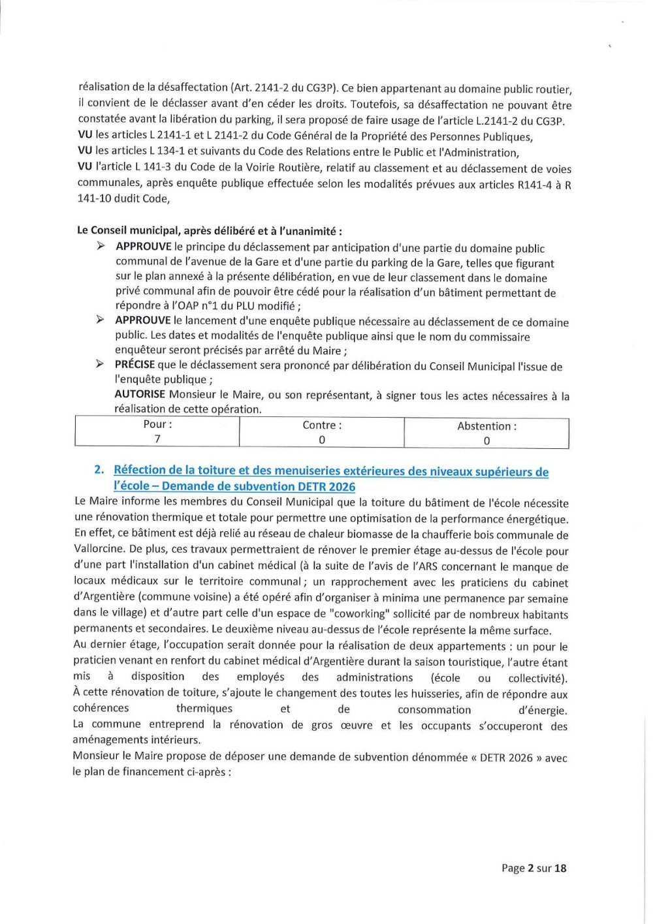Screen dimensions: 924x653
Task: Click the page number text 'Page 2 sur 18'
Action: click(534, 868)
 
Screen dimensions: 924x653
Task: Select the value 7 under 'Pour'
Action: click(157, 439)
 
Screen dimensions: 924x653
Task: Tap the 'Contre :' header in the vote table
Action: click(322, 425)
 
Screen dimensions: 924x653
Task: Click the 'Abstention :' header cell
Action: click(486, 426)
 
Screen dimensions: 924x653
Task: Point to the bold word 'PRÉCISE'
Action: click(135, 365)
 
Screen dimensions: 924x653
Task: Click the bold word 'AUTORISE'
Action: click(140, 394)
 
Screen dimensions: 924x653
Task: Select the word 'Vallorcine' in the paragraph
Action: click(99, 549)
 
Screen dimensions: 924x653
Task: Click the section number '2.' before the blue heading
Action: click(99, 469)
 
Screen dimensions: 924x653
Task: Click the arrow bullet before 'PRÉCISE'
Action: click(100, 364)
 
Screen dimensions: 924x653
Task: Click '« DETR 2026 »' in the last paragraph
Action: click(507, 758)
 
